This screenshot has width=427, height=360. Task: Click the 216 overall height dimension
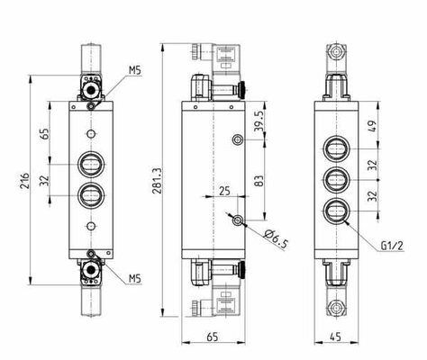click(x=25, y=181)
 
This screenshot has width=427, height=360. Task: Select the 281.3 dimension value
click(x=158, y=180)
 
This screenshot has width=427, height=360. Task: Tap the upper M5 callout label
click(x=135, y=70)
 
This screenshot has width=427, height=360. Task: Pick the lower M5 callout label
click(x=135, y=278)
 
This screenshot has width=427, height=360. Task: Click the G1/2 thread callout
click(x=392, y=246)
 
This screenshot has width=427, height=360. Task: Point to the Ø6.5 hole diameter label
click(x=276, y=239)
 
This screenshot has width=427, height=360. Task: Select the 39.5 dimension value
click(x=259, y=121)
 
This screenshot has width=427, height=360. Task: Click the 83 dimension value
click(x=259, y=181)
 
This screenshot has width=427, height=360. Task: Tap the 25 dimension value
click(x=224, y=191)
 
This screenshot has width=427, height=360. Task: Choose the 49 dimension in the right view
click(x=372, y=127)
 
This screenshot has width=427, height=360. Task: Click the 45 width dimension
click(x=335, y=337)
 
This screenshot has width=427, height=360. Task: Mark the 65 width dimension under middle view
click(x=213, y=337)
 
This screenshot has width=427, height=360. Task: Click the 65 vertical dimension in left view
click(x=44, y=133)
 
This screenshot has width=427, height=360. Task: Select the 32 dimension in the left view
click(x=44, y=181)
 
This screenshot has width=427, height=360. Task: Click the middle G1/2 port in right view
click(x=337, y=180)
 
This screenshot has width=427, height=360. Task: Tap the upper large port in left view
click(x=91, y=165)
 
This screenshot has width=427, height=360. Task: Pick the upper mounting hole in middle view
click(x=238, y=139)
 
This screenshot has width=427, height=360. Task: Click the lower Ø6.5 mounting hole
click(x=238, y=220)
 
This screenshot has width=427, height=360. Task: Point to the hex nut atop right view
click(x=336, y=52)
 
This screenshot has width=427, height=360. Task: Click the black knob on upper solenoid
click(x=242, y=89)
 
